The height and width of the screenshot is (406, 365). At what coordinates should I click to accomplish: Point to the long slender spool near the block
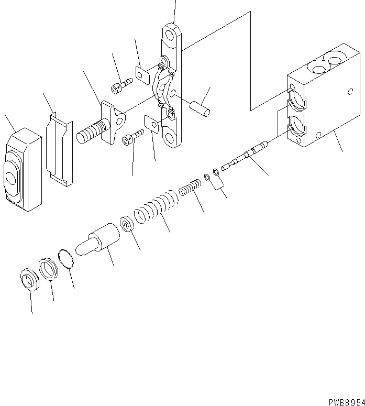[x=245, y=156]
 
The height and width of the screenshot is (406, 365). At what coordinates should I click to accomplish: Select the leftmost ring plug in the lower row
[x=29, y=279]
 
